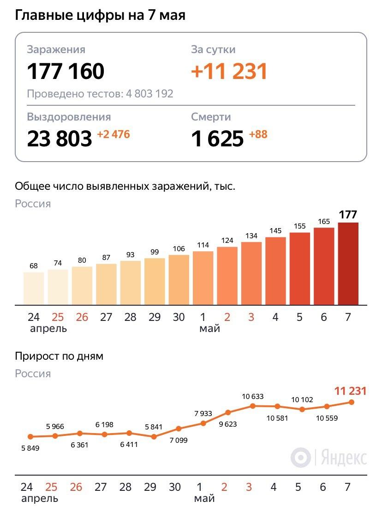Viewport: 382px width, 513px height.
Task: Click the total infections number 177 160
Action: point(66,72)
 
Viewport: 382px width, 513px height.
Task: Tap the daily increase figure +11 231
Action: point(229,72)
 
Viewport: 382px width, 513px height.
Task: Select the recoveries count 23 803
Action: point(60,138)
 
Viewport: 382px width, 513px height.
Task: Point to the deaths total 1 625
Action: point(217,138)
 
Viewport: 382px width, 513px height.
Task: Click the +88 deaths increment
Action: point(258,135)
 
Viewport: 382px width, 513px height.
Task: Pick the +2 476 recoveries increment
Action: point(113,135)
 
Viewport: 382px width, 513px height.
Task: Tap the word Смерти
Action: point(211,117)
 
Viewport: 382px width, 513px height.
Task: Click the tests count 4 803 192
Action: point(149,94)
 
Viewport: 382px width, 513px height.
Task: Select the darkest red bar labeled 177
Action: point(348,263)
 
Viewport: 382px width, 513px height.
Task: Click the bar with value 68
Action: point(34,288)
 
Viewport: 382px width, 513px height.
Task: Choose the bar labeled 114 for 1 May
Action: point(203,278)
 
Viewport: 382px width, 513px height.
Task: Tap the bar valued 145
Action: point(275,271)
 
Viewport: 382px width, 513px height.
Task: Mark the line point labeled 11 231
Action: point(352,402)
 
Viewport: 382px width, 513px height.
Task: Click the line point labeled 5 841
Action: point(154,436)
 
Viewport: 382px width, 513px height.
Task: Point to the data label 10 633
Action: point(253,396)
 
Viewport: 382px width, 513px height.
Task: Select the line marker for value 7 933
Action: point(203,423)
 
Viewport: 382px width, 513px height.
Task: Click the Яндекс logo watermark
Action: point(329,458)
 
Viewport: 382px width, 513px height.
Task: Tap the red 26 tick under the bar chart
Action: point(82,317)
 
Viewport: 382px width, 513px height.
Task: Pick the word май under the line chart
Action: point(204,499)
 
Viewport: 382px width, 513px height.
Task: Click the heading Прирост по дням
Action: point(59,356)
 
